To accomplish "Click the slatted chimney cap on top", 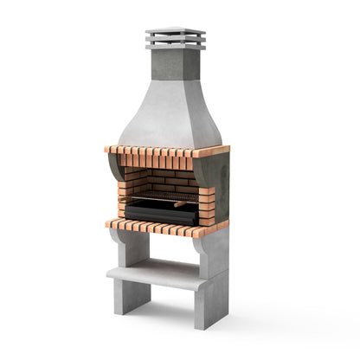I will click(176, 38).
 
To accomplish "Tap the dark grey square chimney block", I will click(176, 64).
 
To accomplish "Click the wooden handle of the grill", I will click(179, 204).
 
